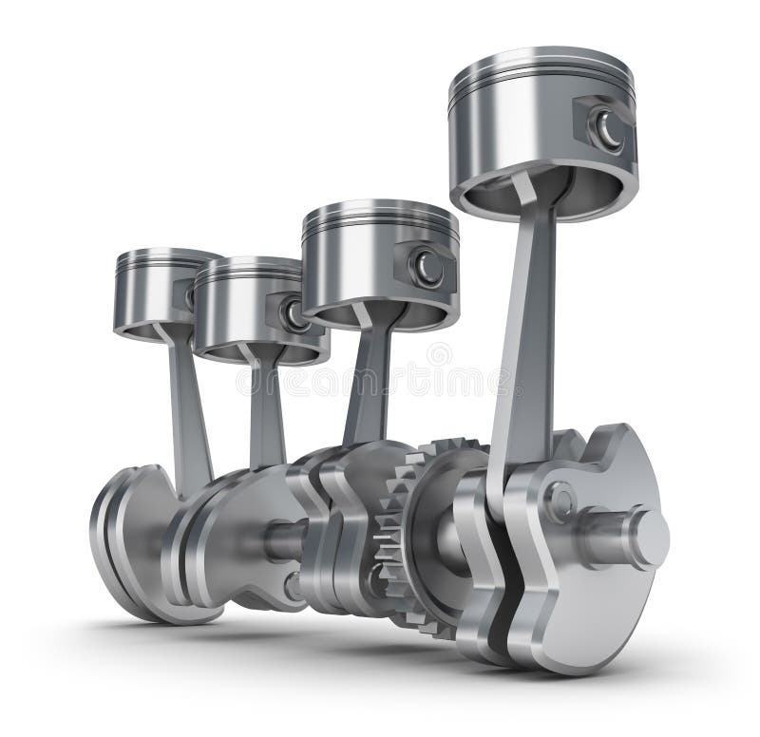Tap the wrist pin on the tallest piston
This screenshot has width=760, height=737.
click(605, 127)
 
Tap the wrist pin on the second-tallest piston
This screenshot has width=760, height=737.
click(427, 268)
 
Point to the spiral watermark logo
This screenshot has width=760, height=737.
click(439, 356)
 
